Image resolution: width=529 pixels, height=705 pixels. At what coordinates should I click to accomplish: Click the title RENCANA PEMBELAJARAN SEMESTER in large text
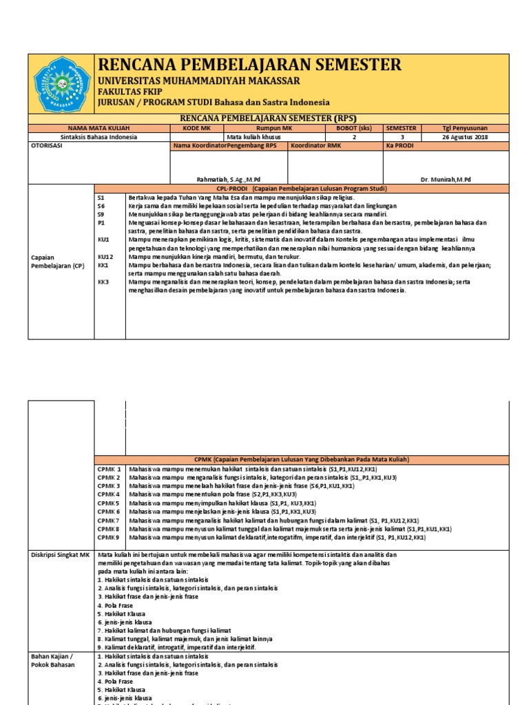point(250,65)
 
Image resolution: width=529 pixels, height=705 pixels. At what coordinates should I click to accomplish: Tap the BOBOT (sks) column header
point(354,128)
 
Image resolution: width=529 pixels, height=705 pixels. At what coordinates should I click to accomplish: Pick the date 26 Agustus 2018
point(464,137)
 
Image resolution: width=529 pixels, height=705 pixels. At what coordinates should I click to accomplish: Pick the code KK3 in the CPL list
point(103,282)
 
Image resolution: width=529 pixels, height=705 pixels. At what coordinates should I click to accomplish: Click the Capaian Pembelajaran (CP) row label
point(55,261)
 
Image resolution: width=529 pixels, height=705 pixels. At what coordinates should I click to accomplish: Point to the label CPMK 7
point(109,520)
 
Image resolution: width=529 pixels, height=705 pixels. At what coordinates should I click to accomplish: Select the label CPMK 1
point(109,469)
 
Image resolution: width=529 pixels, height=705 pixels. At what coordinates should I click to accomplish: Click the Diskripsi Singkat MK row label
point(61,554)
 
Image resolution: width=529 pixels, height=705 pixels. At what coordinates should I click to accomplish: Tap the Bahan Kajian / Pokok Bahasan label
point(53,660)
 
